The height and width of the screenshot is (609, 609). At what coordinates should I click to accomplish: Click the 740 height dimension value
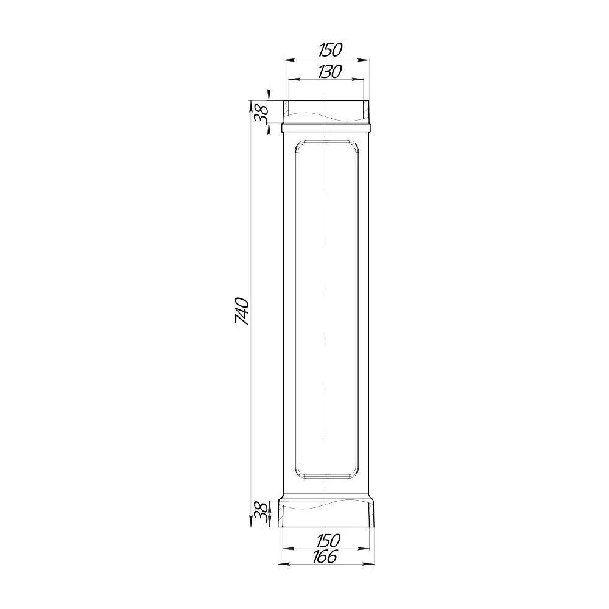(x=242, y=311)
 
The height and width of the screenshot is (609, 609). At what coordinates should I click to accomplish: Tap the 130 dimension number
(x=329, y=72)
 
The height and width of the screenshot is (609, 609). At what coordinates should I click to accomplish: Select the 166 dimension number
(x=325, y=557)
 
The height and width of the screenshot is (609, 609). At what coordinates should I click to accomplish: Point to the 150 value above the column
(x=331, y=50)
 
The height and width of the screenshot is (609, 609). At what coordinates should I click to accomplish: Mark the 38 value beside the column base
(x=261, y=513)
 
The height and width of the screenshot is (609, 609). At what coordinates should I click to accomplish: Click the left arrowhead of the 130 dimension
(x=294, y=80)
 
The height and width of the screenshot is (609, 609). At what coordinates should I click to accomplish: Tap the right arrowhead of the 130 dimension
(x=357, y=80)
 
